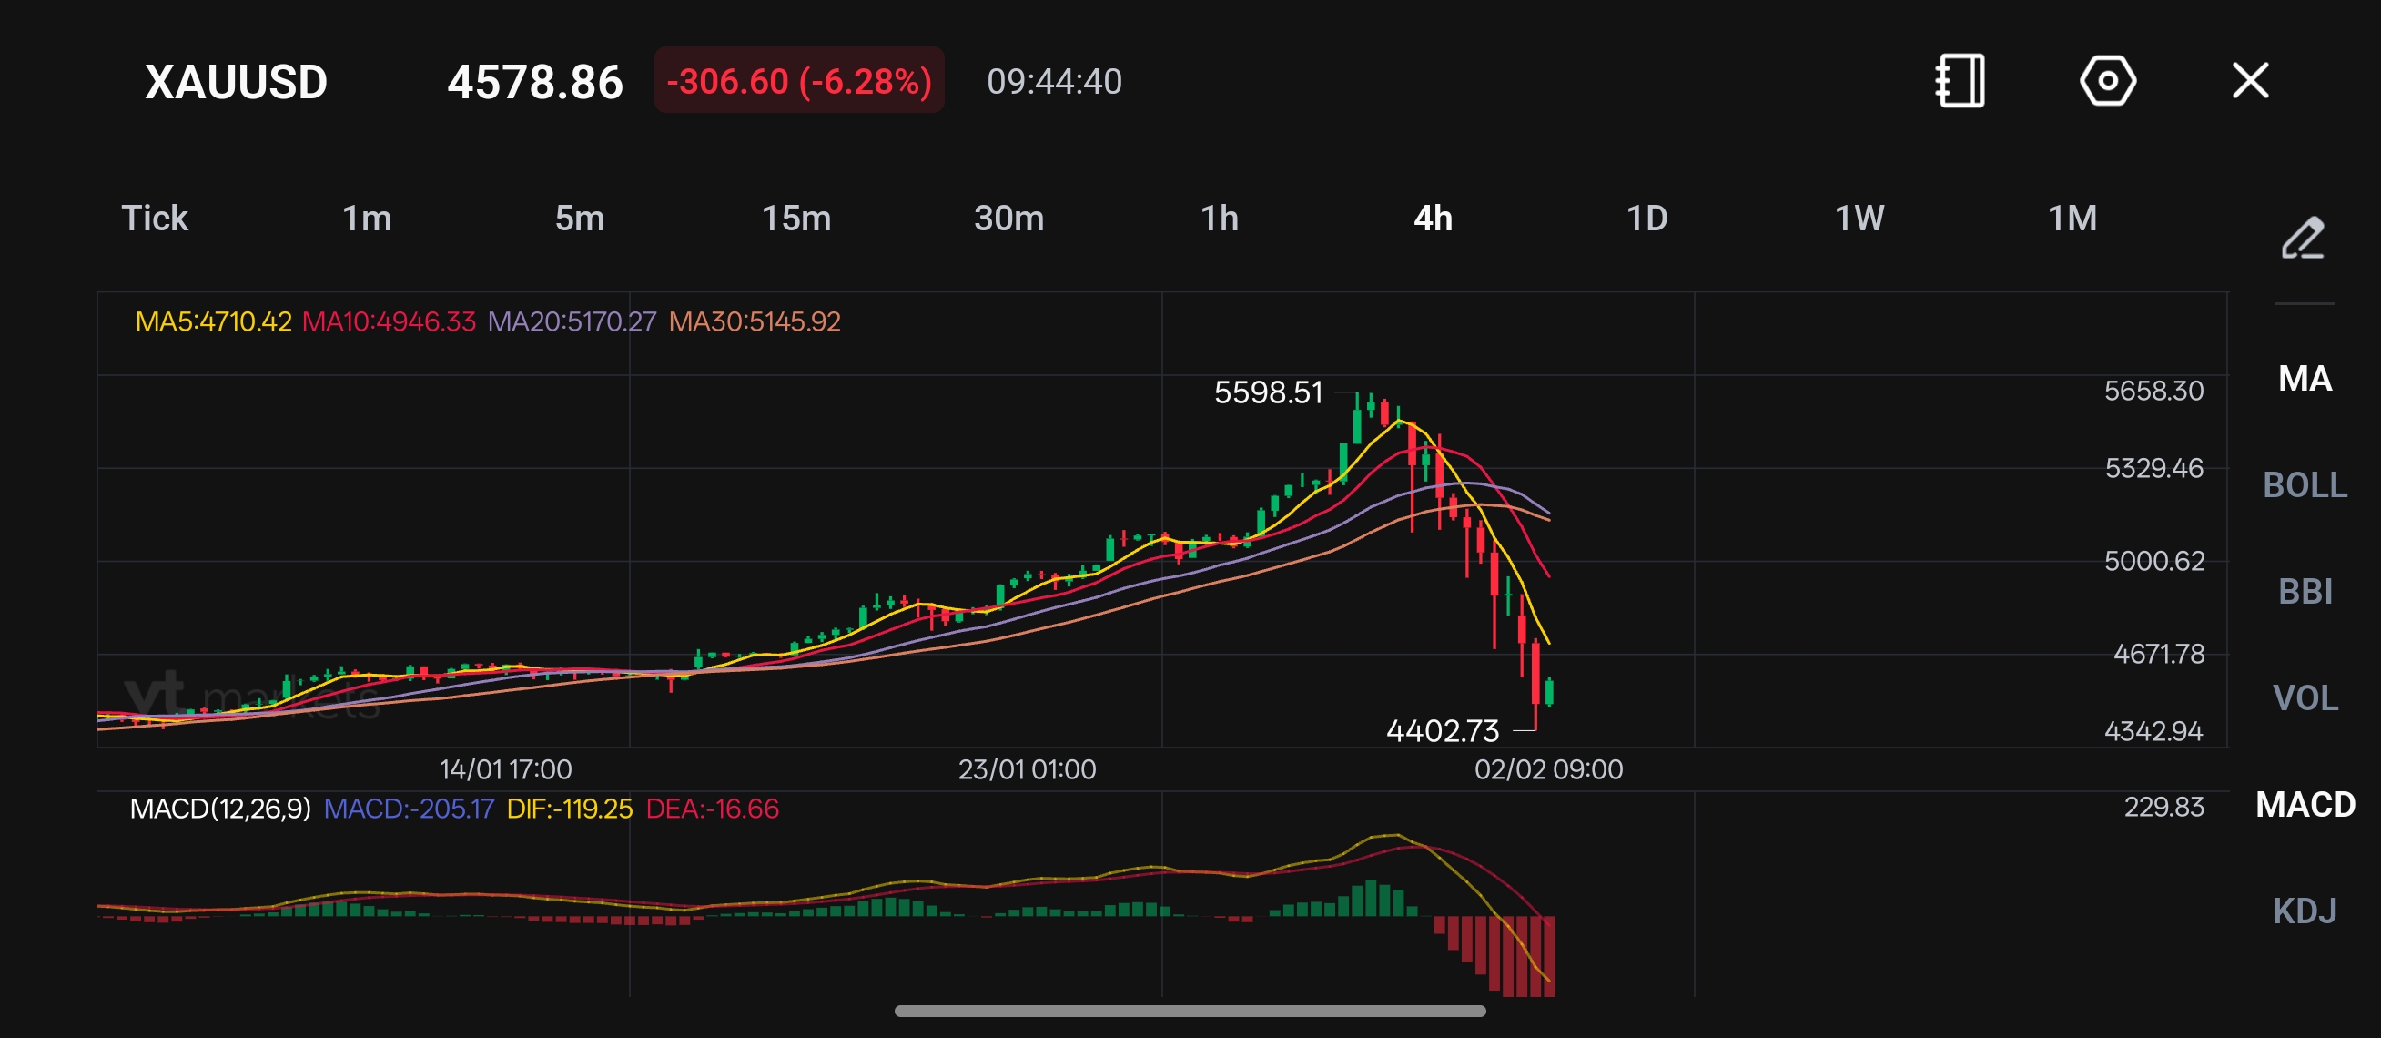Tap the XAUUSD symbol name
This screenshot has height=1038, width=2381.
pyautogui.click(x=236, y=82)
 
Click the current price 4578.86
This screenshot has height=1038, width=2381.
pyautogui.click(x=535, y=82)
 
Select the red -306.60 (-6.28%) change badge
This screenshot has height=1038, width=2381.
pyautogui.click(x=798, y=81)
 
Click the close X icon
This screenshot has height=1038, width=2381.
pyautogui.click(x=2250, y=80)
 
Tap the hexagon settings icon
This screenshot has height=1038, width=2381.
pyautogui.click(x=2107, y=80)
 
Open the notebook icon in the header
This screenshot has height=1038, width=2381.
pyautogui.click(x=1960, y=80)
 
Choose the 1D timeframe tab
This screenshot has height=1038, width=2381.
pyautogui.click(x=1646, y=219)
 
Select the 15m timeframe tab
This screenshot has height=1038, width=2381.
pyautogui.click(x=795, y=219)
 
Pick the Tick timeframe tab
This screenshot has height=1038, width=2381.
pyautogui.click(x=155, y=219)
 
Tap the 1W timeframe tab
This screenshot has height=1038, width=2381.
pyautogui.click(x=1859, y=219)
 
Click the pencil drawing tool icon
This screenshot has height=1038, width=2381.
pyautogui.click(x=2302, y=239)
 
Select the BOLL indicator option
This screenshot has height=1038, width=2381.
pyautogui.click(x=2305, y=485)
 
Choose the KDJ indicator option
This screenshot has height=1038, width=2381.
pyautogui.click(x=2305, y=911)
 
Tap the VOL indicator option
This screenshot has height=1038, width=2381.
pyautogui.click(x=2305, y=697)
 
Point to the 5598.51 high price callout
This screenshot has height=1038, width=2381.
pyautogui.click(x=1268, y=392)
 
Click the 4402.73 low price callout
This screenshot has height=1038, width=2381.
pyautogui.click(x=1442, y=731)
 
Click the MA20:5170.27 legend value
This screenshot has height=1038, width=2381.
pyautogui.click(x=572, y=321)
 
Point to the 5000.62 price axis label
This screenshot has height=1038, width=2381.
pyautogui.click(x=2153, y=561)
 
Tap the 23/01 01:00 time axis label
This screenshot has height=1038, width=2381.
pyautogui.click(x=1027, y=769)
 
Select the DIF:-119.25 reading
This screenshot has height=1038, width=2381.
pyautogui.click(x=570, y=809)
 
